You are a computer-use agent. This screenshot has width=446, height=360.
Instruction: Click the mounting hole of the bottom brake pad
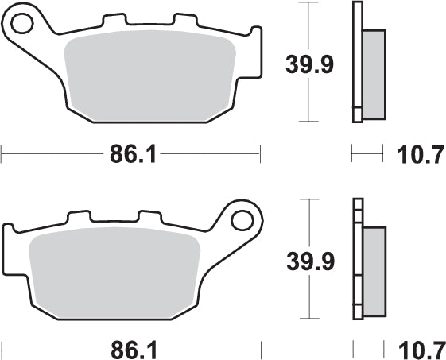[x=242, y=217]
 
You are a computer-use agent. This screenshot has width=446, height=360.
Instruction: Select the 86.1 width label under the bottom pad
[x=131, y=347]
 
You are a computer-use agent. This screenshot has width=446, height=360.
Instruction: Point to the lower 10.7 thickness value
[x=420, y=347]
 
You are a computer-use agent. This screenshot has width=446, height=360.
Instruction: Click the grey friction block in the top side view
[x=373, y=72]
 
